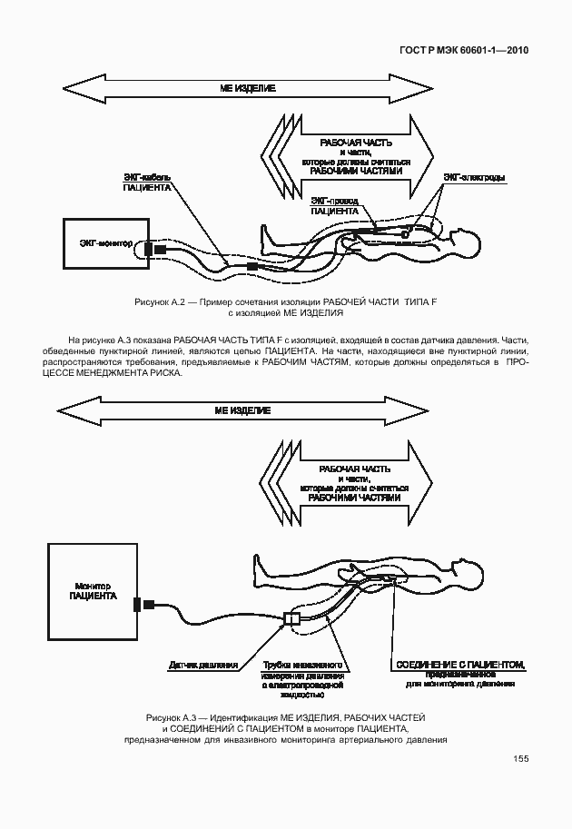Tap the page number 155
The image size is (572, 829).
pyautogui.click(x=520, y=759)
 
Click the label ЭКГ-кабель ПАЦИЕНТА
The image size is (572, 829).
pyautogui.click(x=147, y=182)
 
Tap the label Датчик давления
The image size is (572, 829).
pyautogui.click(x=202, y=665)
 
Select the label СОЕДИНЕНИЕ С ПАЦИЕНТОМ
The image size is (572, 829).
pyautogui.click(x=459, y=665)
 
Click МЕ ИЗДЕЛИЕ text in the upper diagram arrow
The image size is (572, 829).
pyautogui.click(x=247, y=88)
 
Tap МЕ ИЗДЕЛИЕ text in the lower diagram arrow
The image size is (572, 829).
pyautogui.click(x=242, y=410)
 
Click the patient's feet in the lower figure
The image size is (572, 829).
pyautogui.click(x=258, y=567)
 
